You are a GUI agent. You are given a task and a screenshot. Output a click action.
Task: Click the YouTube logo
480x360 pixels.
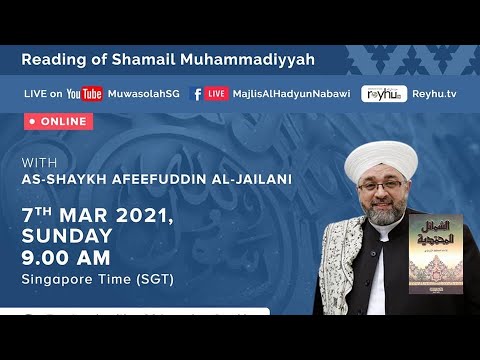pos(85,94)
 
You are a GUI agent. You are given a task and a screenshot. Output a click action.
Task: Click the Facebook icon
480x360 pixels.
pos(197,94)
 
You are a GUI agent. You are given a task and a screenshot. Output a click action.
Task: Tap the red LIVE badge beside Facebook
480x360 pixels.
pos(217,94)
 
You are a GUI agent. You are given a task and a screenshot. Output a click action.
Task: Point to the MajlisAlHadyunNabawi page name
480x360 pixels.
pos(289,94)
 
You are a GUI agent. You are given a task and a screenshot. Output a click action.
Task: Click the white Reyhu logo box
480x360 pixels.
pos(384,94)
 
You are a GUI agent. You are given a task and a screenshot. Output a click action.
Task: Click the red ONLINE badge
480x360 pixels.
pos(59,121)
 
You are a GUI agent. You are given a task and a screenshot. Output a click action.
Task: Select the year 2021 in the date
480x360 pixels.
pos(139,215)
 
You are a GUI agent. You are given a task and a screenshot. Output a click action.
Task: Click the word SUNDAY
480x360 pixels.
pos(67,236)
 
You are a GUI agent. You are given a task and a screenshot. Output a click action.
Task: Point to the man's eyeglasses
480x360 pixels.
pos(379,189)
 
